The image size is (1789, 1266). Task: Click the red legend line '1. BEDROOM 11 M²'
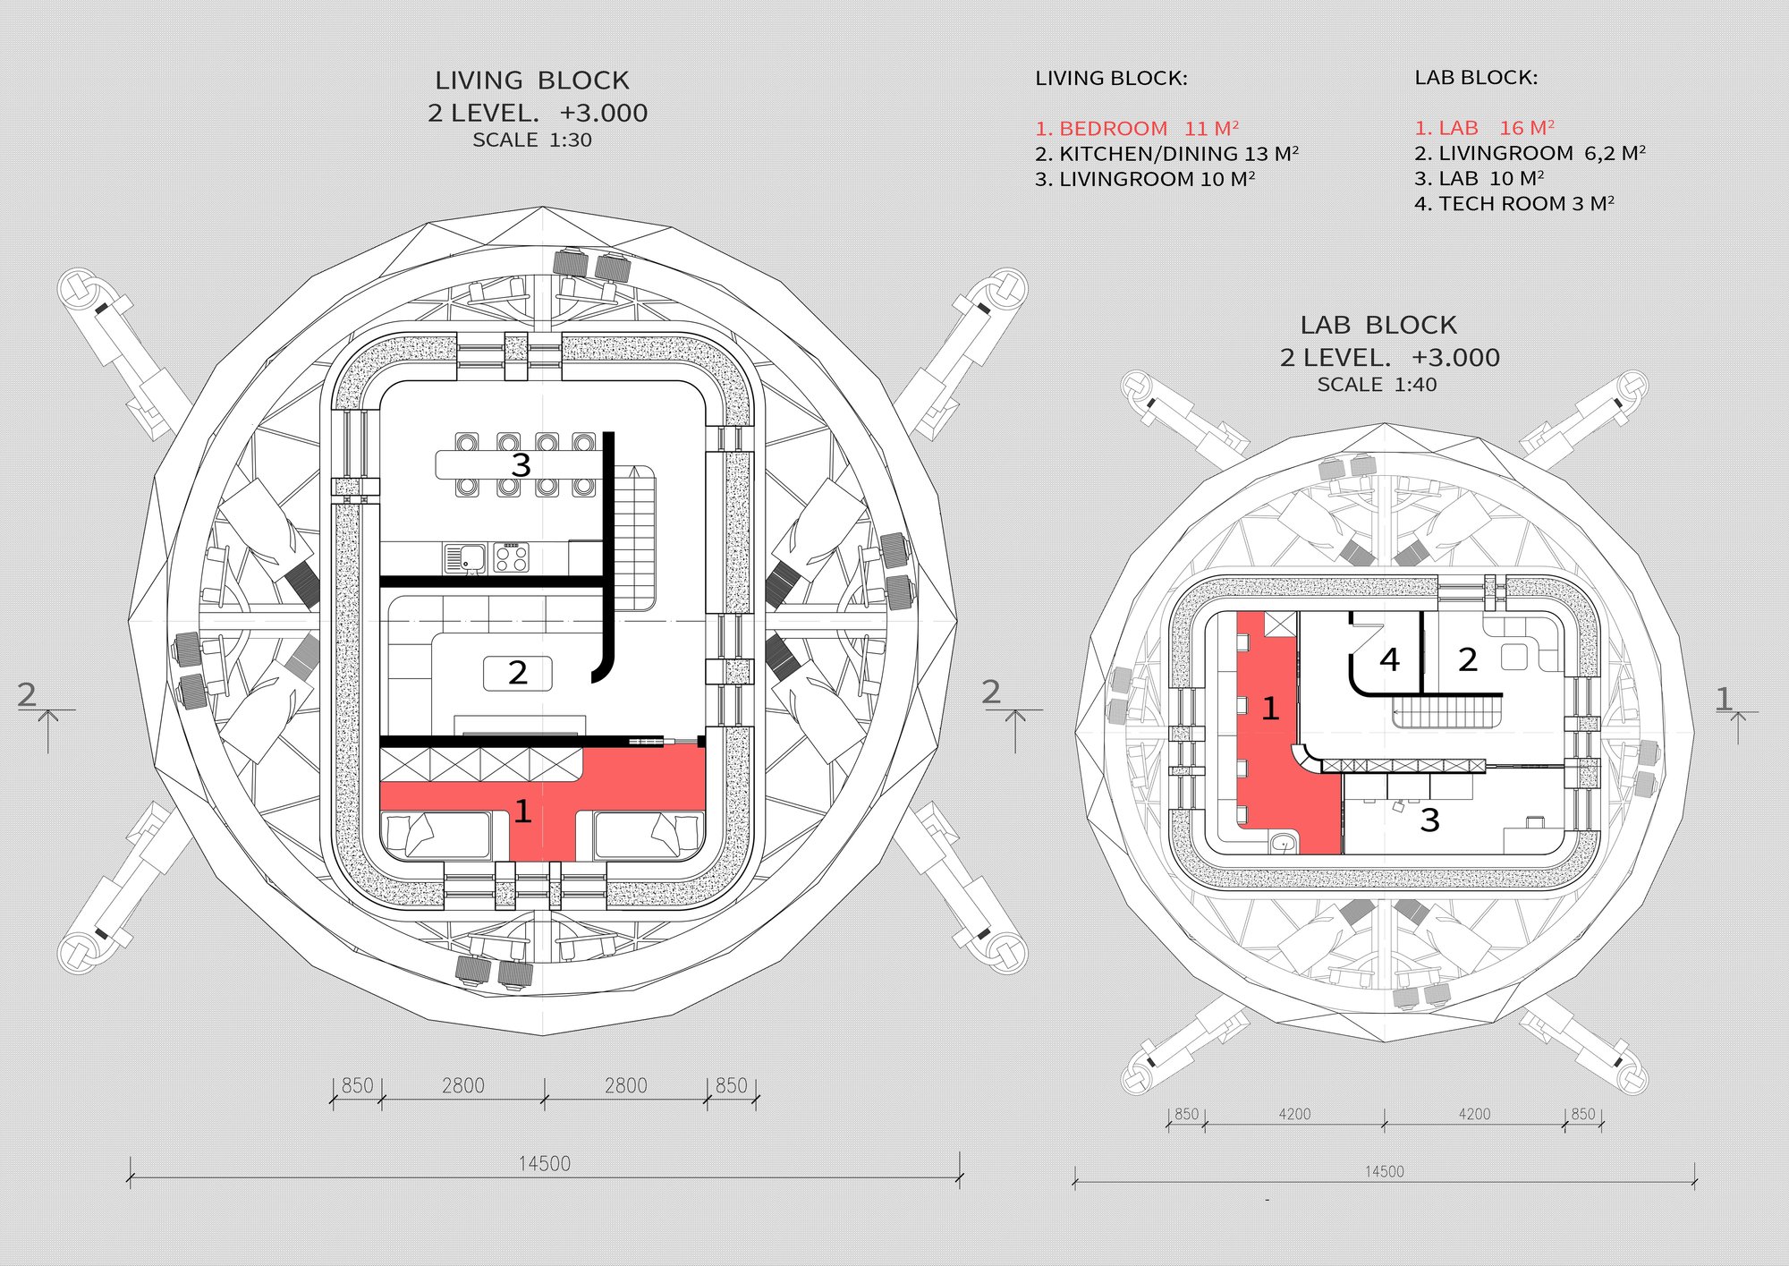pyautogui.click(x=1137, y=129)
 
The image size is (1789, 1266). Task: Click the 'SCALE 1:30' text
pyautogui.click(x=532, y=140)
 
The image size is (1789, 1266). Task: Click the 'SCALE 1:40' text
pyautogui.click(x=1378, y=385)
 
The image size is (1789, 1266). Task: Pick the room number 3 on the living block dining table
pyautogui.click(x=521, y=465)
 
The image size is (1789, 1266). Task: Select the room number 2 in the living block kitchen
pyautogui.click(x=518, y=673)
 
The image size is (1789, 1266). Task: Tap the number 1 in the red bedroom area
pyautogui.click(x=523, y=811)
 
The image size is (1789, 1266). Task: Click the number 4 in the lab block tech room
pyautogui.click(x=1389, y=659)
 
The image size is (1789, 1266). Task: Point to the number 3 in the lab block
pyautogui.click(x=1429, y=820)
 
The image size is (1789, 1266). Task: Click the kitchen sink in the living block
pyautogui.click(x=465, y=558)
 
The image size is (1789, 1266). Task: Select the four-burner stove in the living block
pyautogui.click(x=511, y=558)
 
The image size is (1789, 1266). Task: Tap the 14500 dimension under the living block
pyautogui.click(x=544, y=1164)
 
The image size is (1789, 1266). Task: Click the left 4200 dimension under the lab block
pyautogui.click(x=1294, y=1114)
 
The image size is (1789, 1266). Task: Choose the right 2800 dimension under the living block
pyautogui.click(x=625, y=1086)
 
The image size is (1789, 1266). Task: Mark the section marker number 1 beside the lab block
pyautogui.click(x=1724, y=699)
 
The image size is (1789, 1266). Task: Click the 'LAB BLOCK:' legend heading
pyautogui.click(x=1476, y=78)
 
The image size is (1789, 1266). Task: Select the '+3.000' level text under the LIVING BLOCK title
pyautogui.click(x=604, y=114)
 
